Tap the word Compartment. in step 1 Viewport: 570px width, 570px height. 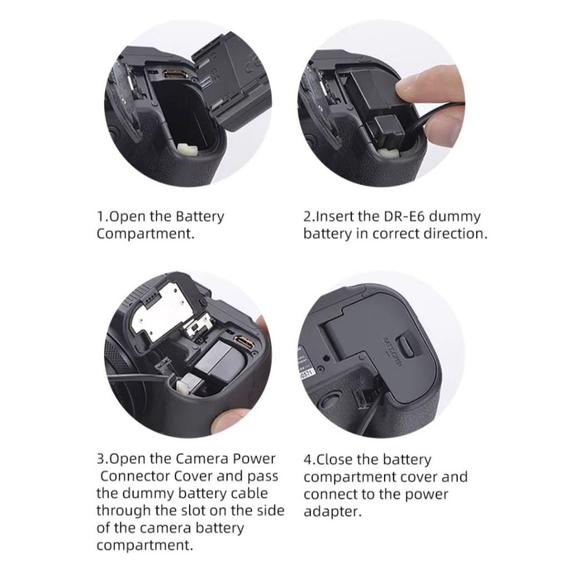point(145,234)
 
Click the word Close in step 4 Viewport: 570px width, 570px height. point(335,460)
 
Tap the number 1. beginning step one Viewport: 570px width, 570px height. point(102,217)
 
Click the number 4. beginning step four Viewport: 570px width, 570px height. point(309,460)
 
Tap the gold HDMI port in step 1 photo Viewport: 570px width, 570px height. point(175,75)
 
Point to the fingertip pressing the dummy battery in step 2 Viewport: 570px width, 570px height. point(407,86)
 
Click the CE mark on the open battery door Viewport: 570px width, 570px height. point(252,66)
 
